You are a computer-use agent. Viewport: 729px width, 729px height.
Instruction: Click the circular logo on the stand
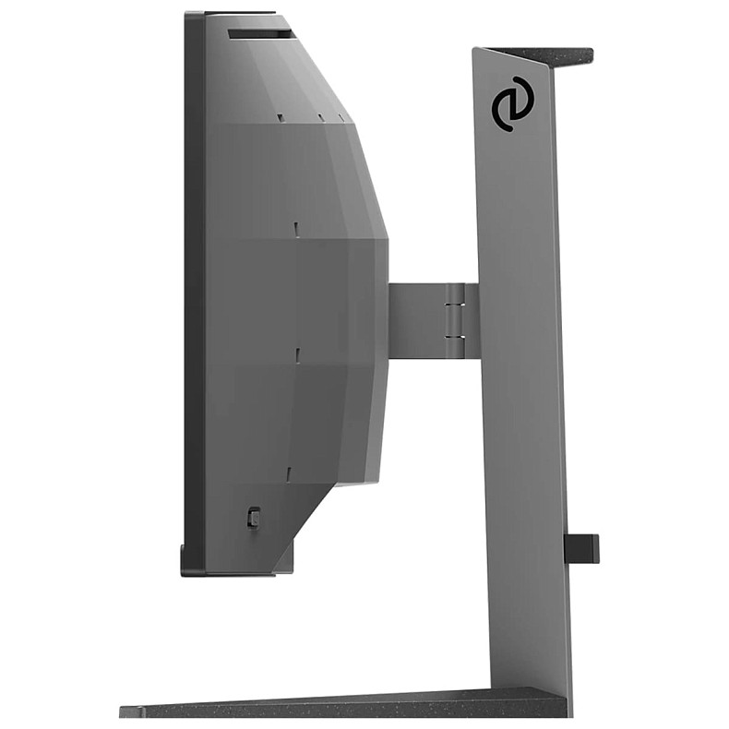point(511,103)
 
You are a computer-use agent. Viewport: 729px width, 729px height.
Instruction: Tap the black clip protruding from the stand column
point(581,548)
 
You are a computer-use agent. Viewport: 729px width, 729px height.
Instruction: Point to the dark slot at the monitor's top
point(259,34)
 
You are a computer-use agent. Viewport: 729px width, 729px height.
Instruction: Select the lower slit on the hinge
point(454,337)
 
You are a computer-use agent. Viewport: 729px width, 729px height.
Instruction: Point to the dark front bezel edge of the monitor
point(194,277)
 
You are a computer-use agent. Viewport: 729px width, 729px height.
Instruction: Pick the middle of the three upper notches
point(320,117)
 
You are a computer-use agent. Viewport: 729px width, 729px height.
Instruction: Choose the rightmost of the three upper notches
point(341,117)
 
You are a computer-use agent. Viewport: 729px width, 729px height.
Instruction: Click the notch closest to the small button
point(289,472)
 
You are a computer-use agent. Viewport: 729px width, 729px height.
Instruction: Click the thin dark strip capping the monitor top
point(240,13)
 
